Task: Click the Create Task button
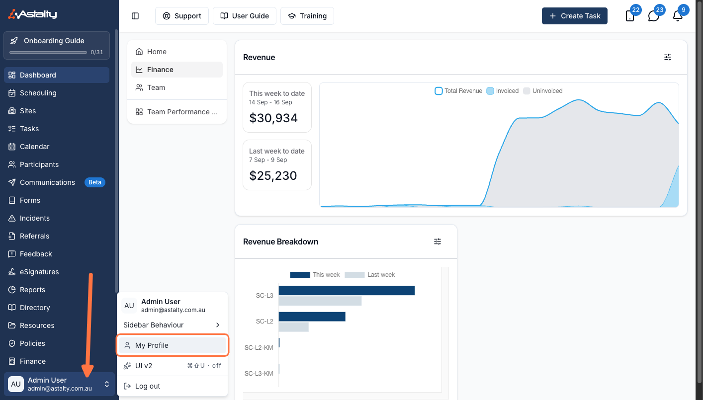(x=574, y=16)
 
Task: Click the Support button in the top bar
(x=181, y=16)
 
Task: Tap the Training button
(x=307, y=16)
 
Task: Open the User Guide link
(x=245, y=16)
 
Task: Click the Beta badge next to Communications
(x=95, y=182)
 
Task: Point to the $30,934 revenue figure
(x=273, y=118)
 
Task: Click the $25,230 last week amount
(x=273, y=176)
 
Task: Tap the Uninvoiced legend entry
(x=543, y=91)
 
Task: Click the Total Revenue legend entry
(x=458, y=91)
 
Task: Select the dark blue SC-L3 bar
(x=347, y=291)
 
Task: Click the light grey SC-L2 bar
(x=294, y=327)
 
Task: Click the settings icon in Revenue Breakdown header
(x=437, y=241)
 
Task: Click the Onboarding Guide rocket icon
(x=14, y=41)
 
